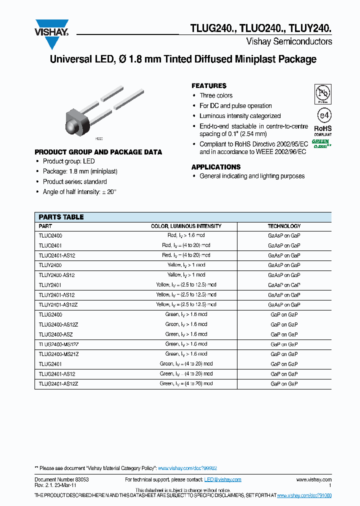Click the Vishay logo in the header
point(51,32)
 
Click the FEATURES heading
point(209,86)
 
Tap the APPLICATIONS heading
point(216,167)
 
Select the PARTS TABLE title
point(61,217)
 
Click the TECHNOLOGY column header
point(284,226)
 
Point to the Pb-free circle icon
point(322,94)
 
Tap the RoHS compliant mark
point(322,130)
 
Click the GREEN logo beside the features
point(321,143)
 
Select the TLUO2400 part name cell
point(50,235)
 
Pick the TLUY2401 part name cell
point(50,285)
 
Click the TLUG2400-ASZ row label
point(56,334)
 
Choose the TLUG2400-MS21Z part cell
point(58,354)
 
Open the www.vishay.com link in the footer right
point(313,479)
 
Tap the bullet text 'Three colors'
point(216,95)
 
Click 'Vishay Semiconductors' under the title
point(289,41)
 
